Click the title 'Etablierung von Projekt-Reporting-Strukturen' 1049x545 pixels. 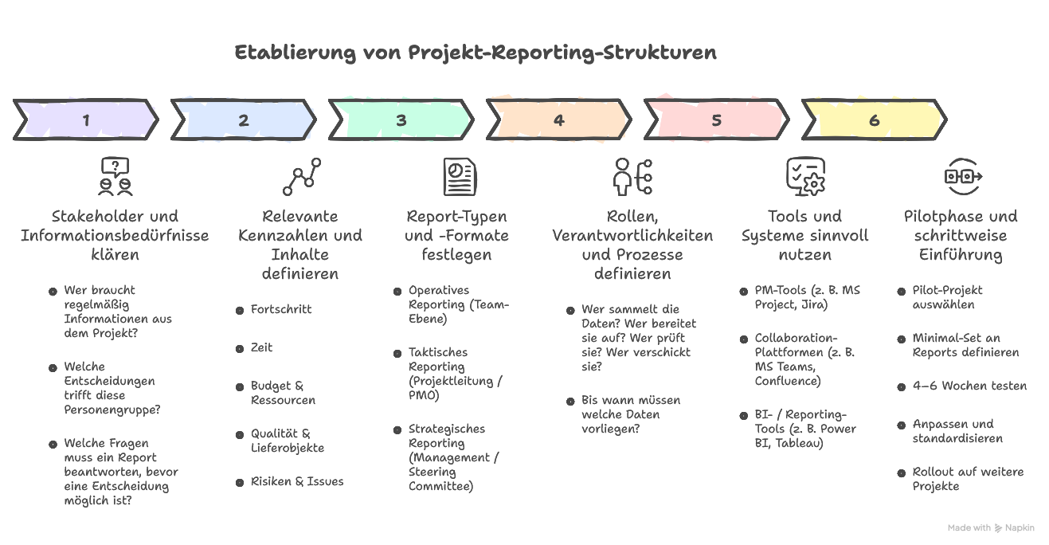tap(476, 53)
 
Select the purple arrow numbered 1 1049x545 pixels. tap(85, 120)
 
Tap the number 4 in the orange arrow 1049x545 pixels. tap(558, 120)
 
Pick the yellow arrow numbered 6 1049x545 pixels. tap(874, 120)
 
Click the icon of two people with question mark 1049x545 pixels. tap(115, 176)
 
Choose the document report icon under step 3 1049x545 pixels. tap(459, 176)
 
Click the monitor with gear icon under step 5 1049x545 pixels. tap(804, 176)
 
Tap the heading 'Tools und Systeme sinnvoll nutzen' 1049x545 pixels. tap(804, 235)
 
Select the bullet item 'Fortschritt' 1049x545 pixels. tap(280, 309)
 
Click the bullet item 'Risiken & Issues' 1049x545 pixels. tap(296, 481)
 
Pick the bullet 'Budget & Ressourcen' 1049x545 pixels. tap(283, 393)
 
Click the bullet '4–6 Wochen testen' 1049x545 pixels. tap(969, 386)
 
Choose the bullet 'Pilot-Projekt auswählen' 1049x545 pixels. tap(947, 297)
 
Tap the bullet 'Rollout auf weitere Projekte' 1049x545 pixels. tap(967, 479)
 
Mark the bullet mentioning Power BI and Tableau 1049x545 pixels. tap(804, 429)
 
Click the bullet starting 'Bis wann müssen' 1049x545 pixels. tap(630, 414)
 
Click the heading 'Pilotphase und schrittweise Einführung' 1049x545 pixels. tap(960, 235)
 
